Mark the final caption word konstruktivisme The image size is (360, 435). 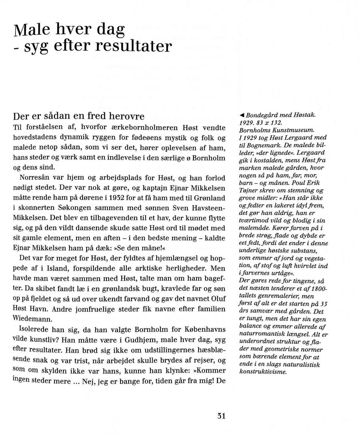point(263,372)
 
